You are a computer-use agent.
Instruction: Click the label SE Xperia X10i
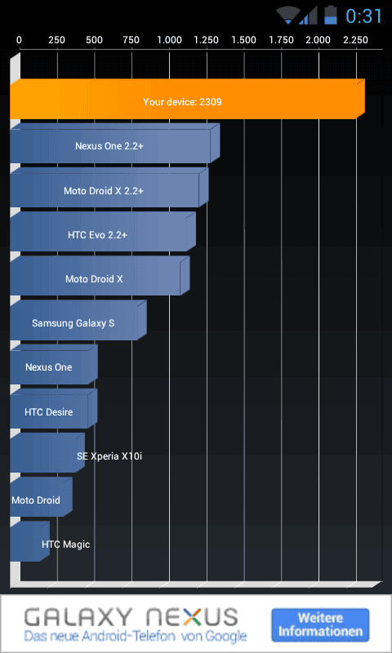[x=109, y=456]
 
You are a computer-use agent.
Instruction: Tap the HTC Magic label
[x=66, y=544]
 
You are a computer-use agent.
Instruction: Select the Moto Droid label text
[x=36, y=500]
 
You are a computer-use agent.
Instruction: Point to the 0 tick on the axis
[x=19, y=40]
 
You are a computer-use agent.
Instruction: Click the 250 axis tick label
[x=56, y=40]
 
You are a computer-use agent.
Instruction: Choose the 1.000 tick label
[x=170, y=40]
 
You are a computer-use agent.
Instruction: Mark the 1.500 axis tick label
[x=244, y=40]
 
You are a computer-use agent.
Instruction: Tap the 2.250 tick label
[x=356, y=40]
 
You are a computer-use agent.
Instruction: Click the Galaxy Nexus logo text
[x=131, y=617]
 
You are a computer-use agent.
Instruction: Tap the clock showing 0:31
[x=363, y=16]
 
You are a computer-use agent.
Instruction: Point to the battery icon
[x=331, y=15]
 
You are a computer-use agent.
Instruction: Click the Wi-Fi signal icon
[x=287, y=15]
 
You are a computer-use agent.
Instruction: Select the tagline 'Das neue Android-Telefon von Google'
[x=136, y=636]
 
